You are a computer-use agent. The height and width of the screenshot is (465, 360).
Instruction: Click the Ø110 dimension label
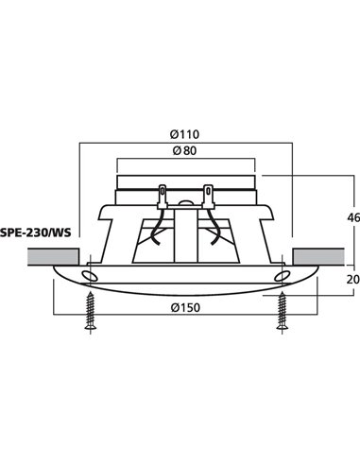click(x=186, y=133)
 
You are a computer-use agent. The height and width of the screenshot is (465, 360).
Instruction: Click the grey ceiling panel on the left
click(x=52, y=256)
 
